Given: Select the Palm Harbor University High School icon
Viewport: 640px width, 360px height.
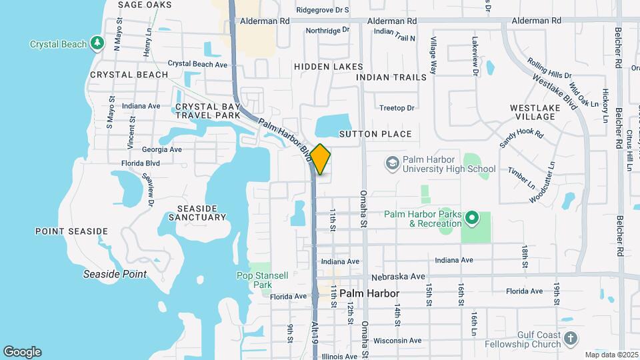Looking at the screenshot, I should pyautogui.click(x=393, y=163).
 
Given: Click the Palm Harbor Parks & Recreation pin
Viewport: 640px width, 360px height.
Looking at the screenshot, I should pyautogui.click(x=472, y=217).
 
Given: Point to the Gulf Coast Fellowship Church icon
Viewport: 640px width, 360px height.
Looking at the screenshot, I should pyautogui.click(x=570, y=338).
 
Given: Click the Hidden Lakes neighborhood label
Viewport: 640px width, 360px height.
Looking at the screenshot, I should pyautogui.click(x=329, y=67).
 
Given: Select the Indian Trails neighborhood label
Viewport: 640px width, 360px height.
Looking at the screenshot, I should pyautogui.click(x=391, y=77).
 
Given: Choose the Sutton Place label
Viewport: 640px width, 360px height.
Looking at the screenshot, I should pyautogui.click(x=375, y=134).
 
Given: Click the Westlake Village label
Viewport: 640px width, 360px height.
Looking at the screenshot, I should pyautogui.click(x=533, y=112).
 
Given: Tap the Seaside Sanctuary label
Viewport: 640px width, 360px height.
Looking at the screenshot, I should pyautogui.click(x=197, y=212).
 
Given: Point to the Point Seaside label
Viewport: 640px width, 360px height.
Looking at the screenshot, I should pyautogui.click(x=71, y=231).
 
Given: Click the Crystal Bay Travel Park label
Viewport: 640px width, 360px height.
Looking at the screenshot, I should pyautogui.click(x=206, y=111).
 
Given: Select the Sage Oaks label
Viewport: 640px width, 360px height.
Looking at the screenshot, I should pyautogui.click(x=141, y=5).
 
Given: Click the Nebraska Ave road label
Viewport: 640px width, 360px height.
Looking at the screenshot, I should pyautogui.click(x=399, y=276).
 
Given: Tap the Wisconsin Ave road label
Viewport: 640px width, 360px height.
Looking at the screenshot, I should pyautogui.click(x=397, y=341).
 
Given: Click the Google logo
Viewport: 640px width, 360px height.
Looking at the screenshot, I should pyautogui.click(x=23, y=352).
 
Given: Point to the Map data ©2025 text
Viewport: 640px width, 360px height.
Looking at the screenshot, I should pyautogui.click(x=611, y=355).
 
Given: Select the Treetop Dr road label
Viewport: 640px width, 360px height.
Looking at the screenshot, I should pyautogui.click(x=397, y=108).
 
